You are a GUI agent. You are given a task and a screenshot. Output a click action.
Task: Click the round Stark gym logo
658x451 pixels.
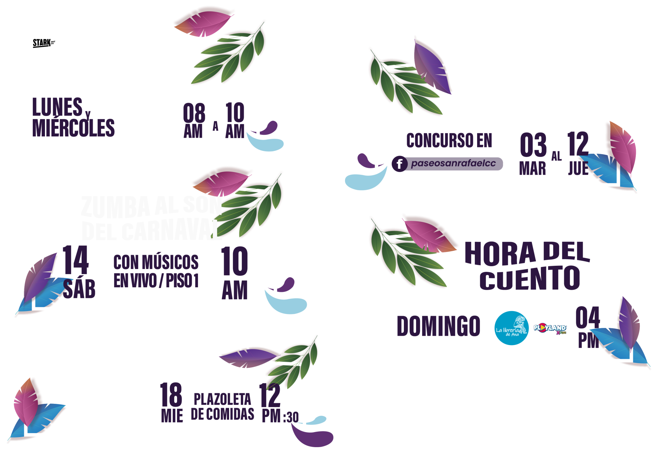[44, 43]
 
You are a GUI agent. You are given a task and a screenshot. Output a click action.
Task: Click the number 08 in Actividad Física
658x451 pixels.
[194, 113]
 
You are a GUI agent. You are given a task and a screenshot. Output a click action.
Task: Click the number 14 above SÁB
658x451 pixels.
[76, 260]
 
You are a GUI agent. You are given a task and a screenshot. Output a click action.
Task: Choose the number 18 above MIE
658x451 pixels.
[171, 395]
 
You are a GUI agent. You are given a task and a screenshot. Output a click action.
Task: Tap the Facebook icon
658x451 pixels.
[399, 164]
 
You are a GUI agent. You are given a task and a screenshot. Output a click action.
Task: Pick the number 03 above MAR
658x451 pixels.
[533, 145]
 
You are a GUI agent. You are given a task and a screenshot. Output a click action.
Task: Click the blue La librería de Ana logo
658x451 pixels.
[511, 328]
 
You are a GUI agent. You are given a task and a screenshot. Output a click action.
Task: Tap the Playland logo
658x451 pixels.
[550, 328]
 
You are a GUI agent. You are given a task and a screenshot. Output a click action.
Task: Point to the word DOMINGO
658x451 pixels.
[439, 326]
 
